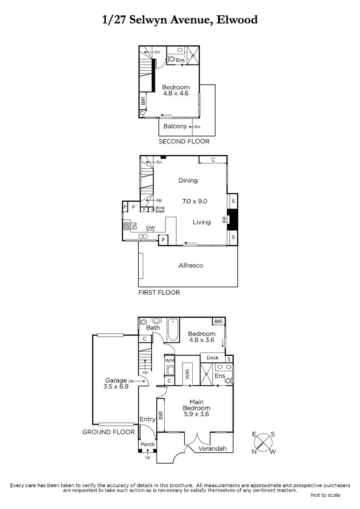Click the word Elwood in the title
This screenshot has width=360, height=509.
click(237, 20)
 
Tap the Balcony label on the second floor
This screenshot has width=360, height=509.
click(175, 126)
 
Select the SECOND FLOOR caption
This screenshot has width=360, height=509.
click(184, 141)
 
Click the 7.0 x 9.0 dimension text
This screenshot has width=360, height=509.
click(195, 201)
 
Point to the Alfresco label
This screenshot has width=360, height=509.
click(191, 266)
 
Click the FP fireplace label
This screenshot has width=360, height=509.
click(225, 220)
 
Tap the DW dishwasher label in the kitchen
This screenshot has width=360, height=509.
click(150, 228)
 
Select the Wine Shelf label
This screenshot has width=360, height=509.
click(160, 209)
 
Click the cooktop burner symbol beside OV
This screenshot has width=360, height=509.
click(127, 226)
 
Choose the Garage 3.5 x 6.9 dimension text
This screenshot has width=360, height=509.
click(116, 386)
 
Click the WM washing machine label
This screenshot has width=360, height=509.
click(169, 361)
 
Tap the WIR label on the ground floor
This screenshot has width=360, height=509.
click(187, 374)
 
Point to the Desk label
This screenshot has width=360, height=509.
click(212, 358)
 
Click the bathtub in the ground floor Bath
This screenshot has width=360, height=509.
click(173, 330)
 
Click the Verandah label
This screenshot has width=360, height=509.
click(212, 448)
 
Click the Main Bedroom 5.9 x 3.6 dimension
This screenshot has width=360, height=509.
click(197, 414)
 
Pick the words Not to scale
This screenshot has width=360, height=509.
click(326, 495)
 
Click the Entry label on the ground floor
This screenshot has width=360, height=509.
click(147, 419)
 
